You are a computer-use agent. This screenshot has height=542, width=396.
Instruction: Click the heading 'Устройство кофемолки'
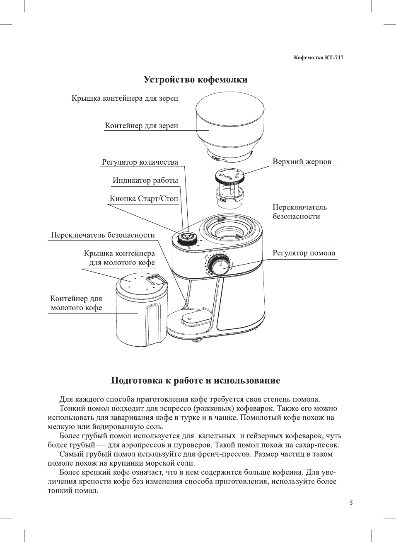[x=196, y=80]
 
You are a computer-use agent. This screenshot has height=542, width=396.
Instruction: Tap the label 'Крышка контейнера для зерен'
[x=125, y=98]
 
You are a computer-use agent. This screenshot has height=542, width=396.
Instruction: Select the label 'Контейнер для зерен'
[x=141, y=126]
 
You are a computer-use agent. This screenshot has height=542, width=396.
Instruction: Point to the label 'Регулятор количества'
[x=140, y=162]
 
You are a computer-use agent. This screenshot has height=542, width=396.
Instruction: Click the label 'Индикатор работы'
[x=145, y=180]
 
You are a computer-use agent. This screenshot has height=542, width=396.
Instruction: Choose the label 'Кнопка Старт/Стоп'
[x=144, y=199]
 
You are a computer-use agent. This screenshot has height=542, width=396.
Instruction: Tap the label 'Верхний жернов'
[x=302, y=162]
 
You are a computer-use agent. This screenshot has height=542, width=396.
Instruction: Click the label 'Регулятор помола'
[x=304, y=253]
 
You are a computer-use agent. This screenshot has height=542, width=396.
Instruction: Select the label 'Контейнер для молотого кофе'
[x=76, y=303]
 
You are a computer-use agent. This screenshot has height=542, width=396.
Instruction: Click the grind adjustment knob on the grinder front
[x=219, y=264]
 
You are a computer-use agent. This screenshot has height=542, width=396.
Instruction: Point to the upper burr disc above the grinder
[x=229, y=176]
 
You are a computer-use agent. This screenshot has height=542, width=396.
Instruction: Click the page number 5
[x=351, y=503]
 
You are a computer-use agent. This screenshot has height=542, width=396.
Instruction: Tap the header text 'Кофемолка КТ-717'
[x=319, y=58]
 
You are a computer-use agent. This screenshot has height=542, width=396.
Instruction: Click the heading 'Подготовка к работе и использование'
[x=196, y=381]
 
